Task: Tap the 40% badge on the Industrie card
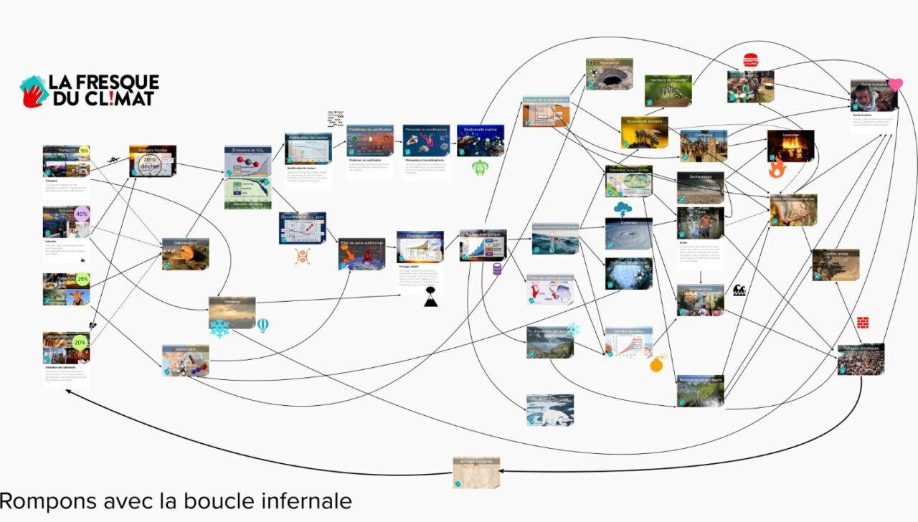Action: tap(82, 214)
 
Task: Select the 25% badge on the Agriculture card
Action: tap(82, 280)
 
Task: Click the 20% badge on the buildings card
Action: tap(80, 342)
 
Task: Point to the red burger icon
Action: tap(751, 60)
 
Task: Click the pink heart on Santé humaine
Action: tap(895, 85)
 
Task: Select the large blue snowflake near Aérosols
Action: tap(219, 328)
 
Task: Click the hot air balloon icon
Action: tap(263, 326)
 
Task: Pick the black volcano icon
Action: tap(430, 300)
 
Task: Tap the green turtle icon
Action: tap(480, 169)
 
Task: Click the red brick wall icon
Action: tap(863, 322)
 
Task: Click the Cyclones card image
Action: tap(628, 234)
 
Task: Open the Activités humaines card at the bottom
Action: tap(476, 473)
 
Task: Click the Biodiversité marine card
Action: tap(481, 141)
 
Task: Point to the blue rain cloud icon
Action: tap(622, 209)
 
